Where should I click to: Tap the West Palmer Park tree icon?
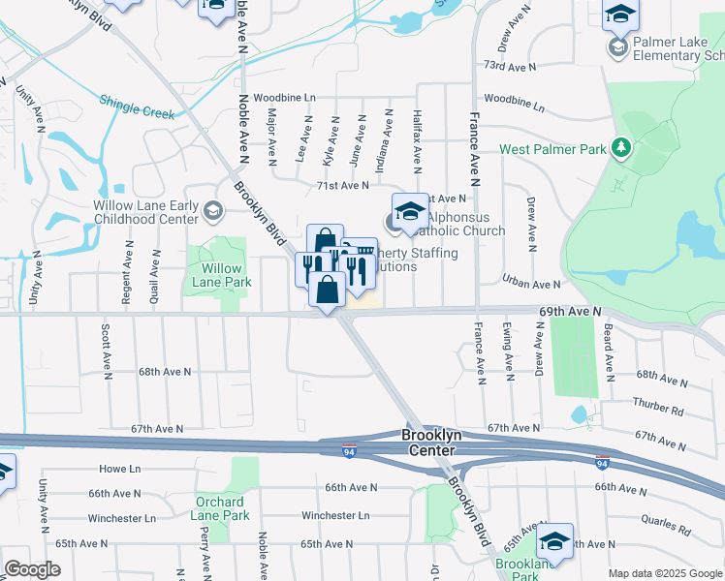click(x=621, y=148)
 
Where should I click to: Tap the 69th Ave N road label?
click(x=570, y=311)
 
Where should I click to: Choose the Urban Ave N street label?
click(x=531, y=284)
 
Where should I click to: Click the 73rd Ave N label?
click(x=509, y=67)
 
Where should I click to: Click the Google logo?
click(x=32, y=568)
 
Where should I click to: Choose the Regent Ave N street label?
click(x=126, y=281)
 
